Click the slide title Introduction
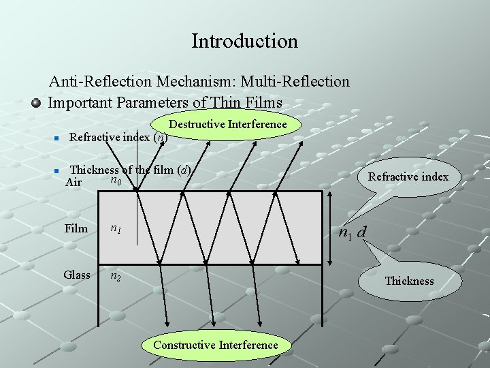[x=244, y=41]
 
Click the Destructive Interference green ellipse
[x=228, y=125]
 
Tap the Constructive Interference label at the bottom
[x=216, y=345]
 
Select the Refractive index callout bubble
[x=408, y=177]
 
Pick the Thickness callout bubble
[x=408, y=281]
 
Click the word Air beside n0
[x=73, y=183]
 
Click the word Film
[x=76, y=228]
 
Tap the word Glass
[x=77, y=275]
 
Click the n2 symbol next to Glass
[x=117, y=276]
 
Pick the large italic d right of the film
[x=362, y=232]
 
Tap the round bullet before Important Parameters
[x=37, y=104]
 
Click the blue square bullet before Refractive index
[x=57, y=138]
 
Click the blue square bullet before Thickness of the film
[x=57, y=170]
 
